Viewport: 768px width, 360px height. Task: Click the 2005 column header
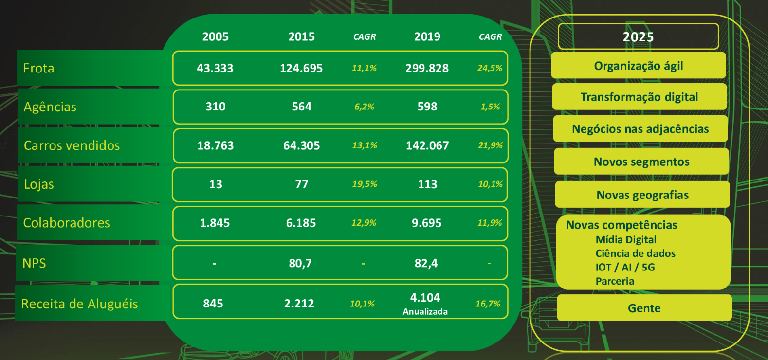coord(215,36)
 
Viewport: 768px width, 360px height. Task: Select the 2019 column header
coord(427,36)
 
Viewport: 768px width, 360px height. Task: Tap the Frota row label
coord(39,68)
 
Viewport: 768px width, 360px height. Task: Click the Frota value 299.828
coord(427,68)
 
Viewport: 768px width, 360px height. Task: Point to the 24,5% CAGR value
coord(490,68)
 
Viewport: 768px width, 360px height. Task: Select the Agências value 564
coord(301,107)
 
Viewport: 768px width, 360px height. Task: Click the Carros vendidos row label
coord(72,145)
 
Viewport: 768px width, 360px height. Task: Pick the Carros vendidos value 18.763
coord(215,145)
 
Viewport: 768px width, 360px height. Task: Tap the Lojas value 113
coord(427,184)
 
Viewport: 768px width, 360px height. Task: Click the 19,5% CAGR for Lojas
coord(365,184)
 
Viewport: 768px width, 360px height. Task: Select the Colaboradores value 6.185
coord(301,223)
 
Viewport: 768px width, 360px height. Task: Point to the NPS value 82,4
coord(426,263)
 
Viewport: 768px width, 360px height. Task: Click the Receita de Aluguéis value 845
coord(213,304)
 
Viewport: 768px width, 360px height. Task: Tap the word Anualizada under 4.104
coord(425,312)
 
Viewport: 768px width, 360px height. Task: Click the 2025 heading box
coord(638,37)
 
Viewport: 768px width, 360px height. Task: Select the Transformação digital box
coord(639,97)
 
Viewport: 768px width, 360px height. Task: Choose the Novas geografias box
coord(642,195)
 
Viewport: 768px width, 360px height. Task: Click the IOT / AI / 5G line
coord(625,267)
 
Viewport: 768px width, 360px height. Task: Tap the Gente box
coord(644,308)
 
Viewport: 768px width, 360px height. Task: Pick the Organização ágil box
coord(638,66)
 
